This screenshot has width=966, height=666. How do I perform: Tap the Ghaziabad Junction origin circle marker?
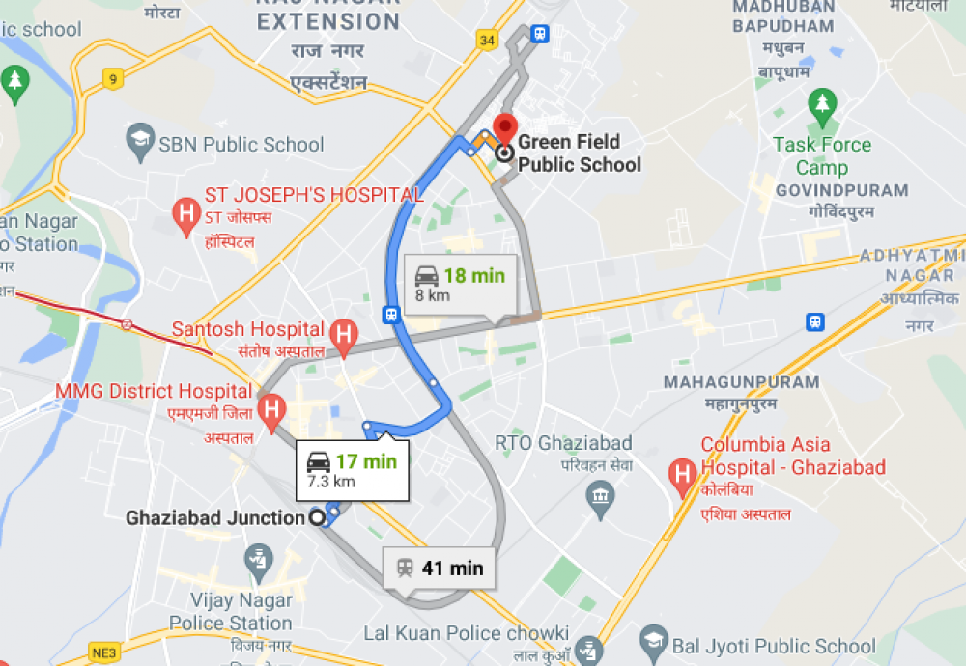[316, 518]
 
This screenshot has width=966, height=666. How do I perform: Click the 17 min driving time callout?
[352, 470]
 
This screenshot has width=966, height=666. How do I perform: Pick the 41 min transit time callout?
[440, 568]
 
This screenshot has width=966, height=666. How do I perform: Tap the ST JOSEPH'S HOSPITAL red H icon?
[185, 217]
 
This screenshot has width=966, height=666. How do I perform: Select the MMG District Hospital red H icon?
[273, 410]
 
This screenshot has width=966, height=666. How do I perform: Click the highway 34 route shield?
[486, 40]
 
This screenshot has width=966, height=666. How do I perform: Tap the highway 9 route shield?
[113, 79]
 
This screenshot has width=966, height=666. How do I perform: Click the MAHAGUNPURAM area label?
[741, 382]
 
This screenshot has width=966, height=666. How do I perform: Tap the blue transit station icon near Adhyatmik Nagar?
[814, 321]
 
